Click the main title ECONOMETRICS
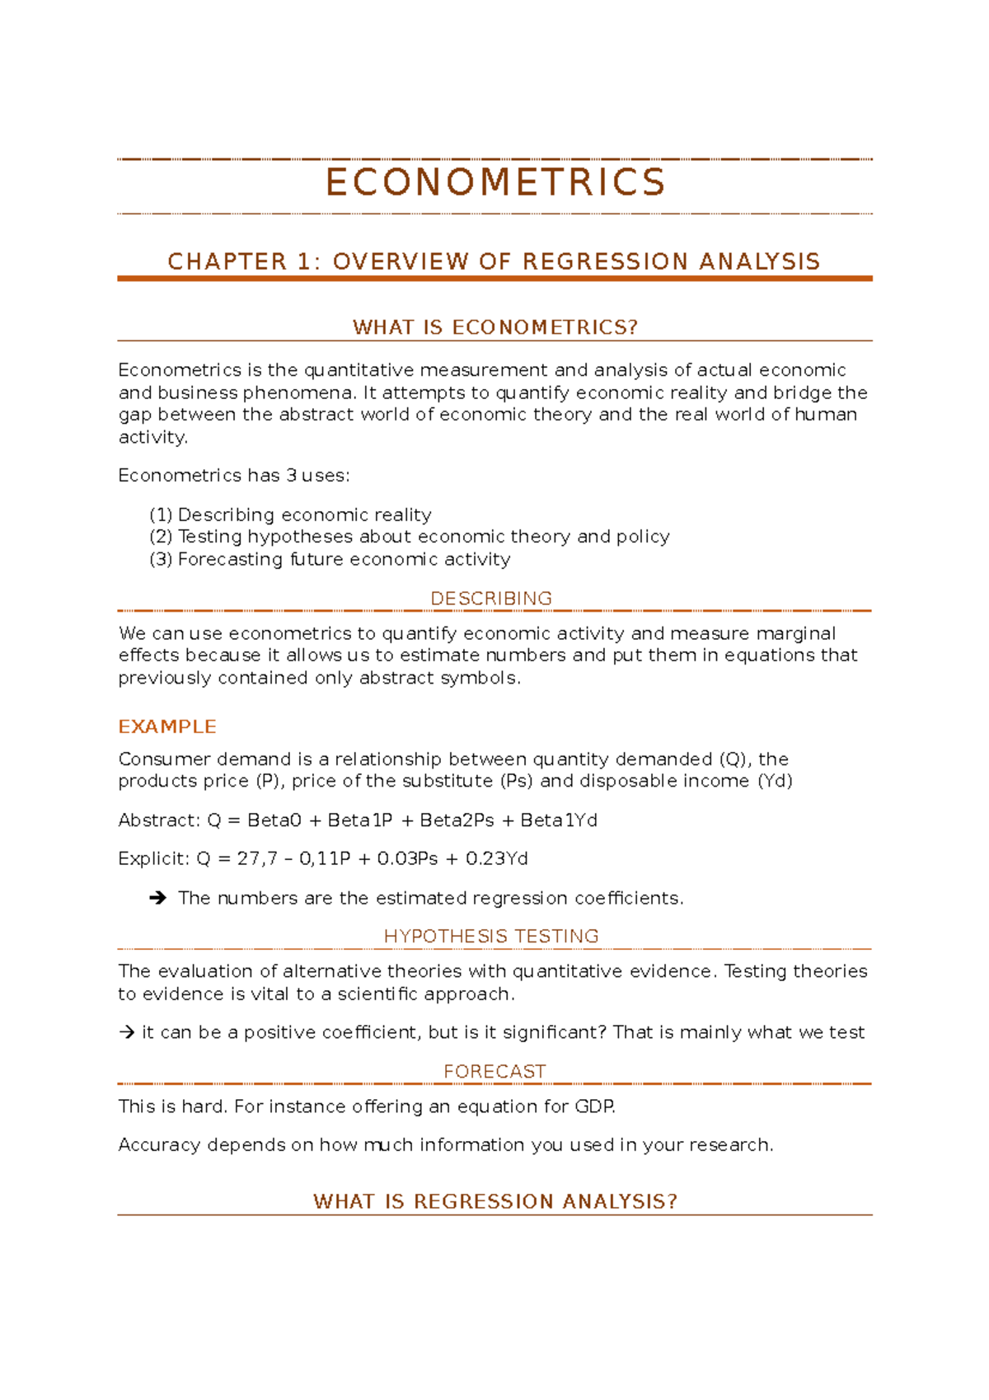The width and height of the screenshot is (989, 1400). pos(494,182)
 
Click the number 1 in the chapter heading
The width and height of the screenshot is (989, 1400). pos(304,262)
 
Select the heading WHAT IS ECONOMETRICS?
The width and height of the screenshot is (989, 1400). pos(494,327)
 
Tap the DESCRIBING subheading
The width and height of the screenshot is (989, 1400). pos(491,599)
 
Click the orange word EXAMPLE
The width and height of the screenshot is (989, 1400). pos(167,726)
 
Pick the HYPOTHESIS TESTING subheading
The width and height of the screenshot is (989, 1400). pos(491,937)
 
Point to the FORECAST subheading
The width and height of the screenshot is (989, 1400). pos(494,1072)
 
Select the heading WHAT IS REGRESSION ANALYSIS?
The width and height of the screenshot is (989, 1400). pos(494,1201)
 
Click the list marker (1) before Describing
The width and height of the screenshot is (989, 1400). pos(161,515)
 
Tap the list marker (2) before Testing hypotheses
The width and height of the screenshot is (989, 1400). pos(161,537)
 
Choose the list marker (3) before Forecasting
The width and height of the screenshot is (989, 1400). pos(161,560)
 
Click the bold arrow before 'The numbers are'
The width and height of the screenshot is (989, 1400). pos(158,898)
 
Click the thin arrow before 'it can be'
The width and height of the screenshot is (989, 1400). pos(126,1032)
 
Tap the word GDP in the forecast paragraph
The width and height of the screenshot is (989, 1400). pos(594,1106)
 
